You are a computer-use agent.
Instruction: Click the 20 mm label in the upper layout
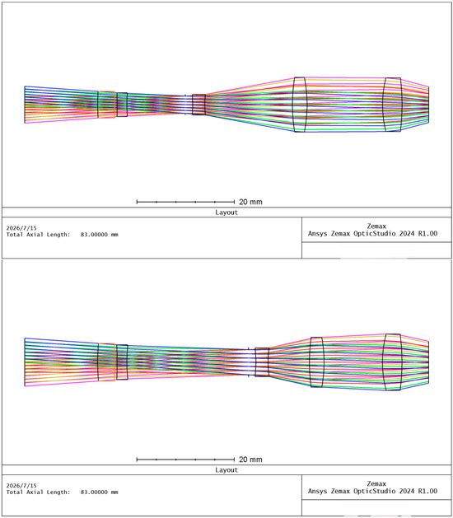250,202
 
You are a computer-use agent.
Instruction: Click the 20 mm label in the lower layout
250,460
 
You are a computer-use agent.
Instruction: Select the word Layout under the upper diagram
226,212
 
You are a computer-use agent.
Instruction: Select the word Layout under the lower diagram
226,469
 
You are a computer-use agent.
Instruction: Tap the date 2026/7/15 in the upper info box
21,228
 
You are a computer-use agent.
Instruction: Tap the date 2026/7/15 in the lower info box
21,486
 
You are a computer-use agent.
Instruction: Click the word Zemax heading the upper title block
376,226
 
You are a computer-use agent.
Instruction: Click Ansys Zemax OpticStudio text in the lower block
352,492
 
